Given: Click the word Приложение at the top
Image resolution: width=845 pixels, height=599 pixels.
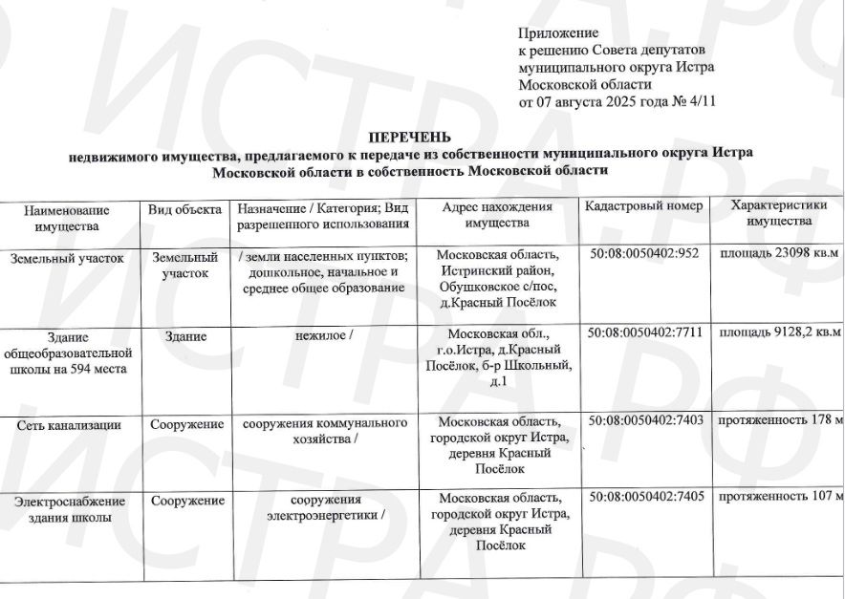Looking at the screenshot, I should [557, 33].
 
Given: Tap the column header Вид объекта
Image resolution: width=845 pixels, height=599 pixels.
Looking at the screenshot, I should [184, 208].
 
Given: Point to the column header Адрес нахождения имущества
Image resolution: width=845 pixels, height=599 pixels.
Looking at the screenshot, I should [497, 215].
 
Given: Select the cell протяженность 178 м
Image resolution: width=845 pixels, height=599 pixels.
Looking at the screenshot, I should [780, 420].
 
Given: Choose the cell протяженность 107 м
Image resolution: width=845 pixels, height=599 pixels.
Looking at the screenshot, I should [780, 498].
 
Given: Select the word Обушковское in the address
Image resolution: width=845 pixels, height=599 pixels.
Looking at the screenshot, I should [485, 286].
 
